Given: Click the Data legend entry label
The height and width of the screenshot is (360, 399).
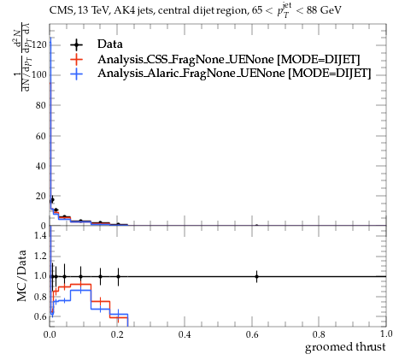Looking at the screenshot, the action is (110, 44).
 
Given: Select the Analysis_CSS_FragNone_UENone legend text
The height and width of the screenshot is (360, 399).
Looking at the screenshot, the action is (185, 59).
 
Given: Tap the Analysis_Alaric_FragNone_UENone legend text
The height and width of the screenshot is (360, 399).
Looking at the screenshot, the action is (191, 74).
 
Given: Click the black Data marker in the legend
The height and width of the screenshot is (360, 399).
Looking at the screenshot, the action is (77, 44).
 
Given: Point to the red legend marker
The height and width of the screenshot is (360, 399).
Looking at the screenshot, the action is (77, 59).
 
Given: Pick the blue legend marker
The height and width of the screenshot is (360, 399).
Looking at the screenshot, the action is (77, 74).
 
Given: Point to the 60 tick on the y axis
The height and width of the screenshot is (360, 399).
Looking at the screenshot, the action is (41, 136).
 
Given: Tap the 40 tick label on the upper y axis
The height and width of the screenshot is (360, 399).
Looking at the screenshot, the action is (41, 166).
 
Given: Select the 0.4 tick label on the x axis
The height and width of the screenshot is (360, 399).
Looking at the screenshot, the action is (185, 334).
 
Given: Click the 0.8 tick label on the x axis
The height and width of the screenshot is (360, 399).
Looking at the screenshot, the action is (319, 334).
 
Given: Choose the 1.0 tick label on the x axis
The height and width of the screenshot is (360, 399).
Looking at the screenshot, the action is (386, 333).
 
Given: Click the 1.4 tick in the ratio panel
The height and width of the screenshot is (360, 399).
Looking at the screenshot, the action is (40, 235).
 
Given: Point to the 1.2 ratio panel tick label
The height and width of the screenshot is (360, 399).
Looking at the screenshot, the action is (40, 256).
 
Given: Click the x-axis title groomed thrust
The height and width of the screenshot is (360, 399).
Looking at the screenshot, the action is (345, 347).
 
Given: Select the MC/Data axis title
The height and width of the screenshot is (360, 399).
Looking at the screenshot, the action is (21, 276).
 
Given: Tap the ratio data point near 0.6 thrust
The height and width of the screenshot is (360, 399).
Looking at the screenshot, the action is (256, 276).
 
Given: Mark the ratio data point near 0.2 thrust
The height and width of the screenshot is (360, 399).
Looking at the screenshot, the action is (118, 276).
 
